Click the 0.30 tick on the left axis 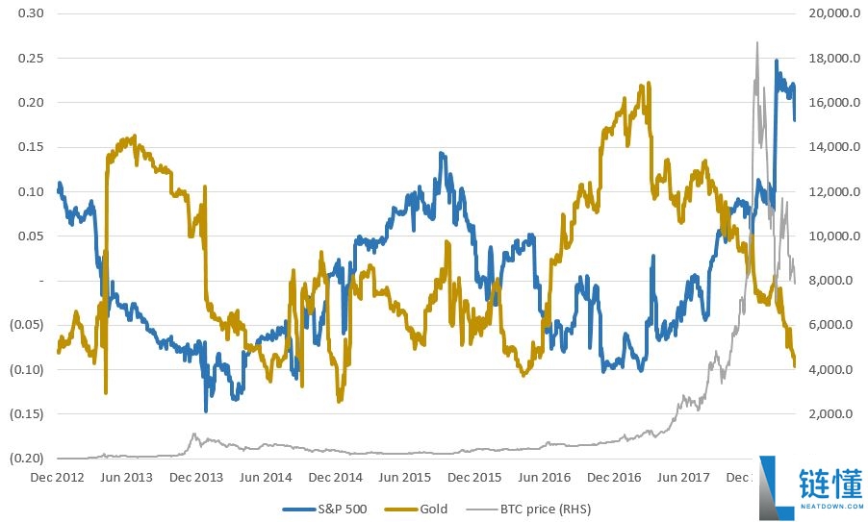coord(29,13)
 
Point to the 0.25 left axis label coord(29,58)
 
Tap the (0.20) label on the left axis coord(27,459)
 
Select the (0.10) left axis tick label coord(27,369)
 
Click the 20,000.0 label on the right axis coord(825,13)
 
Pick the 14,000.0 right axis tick coord(825,147)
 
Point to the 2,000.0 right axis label coord(828,414)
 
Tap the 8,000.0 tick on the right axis coord(828,281)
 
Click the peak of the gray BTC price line coord(757,42)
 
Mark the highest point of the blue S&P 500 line coord(777,61)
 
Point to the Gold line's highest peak coord(650,83)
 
